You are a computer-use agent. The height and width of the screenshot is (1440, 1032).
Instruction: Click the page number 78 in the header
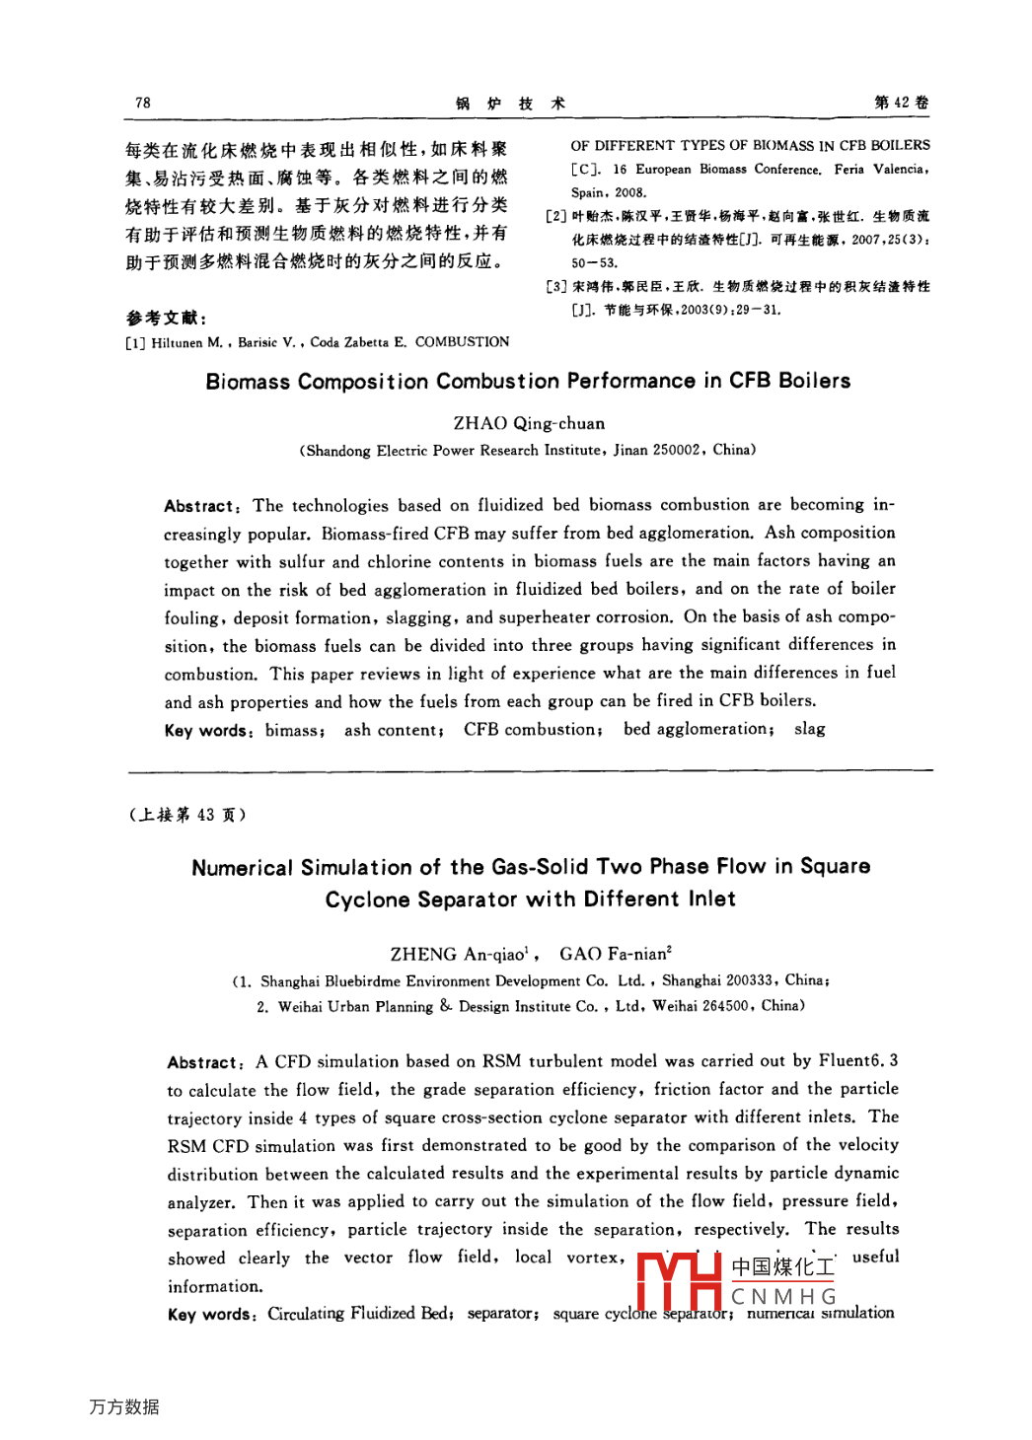143,103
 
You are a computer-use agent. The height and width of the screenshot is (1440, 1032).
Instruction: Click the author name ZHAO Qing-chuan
529,423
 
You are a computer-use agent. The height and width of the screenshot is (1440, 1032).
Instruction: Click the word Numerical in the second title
242,868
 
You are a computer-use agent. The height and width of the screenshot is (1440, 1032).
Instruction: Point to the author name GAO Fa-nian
615,954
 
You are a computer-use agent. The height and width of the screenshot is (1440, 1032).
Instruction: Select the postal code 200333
749,980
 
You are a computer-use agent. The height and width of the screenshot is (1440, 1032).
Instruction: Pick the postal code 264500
725,1006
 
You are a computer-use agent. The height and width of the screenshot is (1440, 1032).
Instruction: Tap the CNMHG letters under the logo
784,1296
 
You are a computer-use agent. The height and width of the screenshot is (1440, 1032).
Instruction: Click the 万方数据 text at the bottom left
124,1406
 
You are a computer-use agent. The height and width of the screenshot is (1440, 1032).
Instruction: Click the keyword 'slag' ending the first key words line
809,729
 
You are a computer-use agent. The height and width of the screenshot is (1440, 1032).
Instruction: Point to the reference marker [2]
556,216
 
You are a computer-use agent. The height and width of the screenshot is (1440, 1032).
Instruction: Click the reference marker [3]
556,287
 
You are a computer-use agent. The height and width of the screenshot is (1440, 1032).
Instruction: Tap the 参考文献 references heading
166,318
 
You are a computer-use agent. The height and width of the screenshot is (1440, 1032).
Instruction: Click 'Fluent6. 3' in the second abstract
858,1061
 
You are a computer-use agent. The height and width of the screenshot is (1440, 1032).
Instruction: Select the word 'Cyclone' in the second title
367,900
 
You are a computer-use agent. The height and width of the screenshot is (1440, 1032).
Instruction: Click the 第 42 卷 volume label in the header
901,103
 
